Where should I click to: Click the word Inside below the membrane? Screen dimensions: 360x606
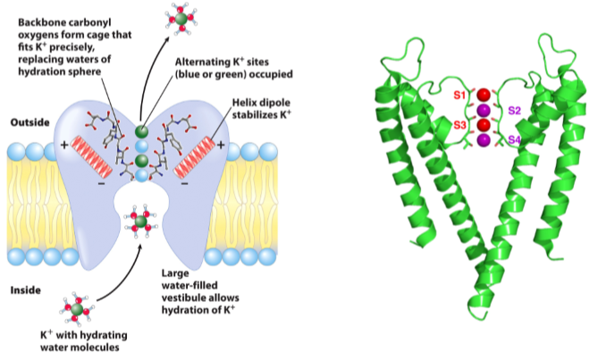[x=26, y=289]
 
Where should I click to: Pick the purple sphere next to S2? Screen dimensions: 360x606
[x=484, y=110]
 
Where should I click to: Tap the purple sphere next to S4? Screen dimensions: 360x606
[x=484, y=140]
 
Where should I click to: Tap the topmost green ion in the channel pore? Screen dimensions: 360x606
[x=142, y=130]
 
